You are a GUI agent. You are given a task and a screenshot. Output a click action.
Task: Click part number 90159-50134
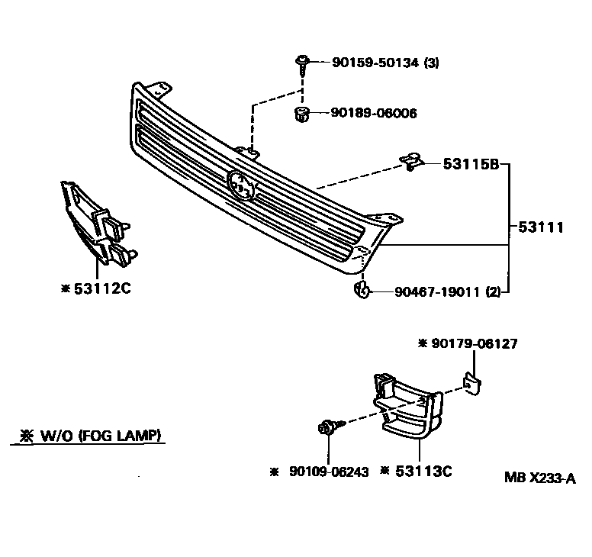coord(375,64)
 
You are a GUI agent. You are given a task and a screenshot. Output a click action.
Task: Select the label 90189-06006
coord(374,113)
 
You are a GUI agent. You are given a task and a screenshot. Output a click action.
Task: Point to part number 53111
coord(541,227)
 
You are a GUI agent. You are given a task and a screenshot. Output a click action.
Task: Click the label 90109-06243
coord(329,472)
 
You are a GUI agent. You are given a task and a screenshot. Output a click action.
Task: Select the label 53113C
coord(423,472)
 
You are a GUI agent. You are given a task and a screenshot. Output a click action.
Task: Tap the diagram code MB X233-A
coord(539,478)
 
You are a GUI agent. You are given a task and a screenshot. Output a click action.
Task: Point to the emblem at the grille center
coord(241,185)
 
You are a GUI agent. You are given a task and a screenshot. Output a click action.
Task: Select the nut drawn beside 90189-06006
coord(302,114)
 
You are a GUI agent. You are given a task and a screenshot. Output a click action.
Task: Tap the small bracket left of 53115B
coord(411,162)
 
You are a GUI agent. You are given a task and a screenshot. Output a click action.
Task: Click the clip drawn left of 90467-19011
coord(362,290)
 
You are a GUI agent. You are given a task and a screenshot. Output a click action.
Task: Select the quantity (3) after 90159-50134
coord(432,64)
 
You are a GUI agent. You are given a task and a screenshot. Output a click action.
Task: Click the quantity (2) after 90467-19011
coord(494,291)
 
